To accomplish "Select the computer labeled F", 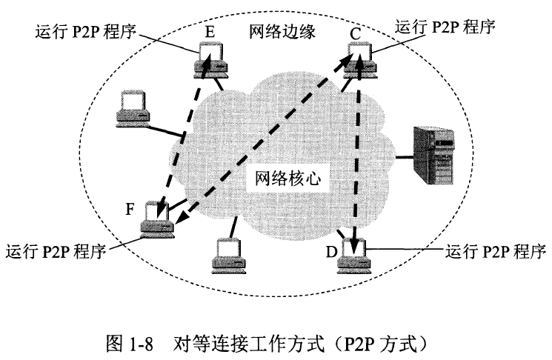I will [157, 219].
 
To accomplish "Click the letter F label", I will [130, 208].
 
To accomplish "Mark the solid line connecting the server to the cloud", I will [405, 156].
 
